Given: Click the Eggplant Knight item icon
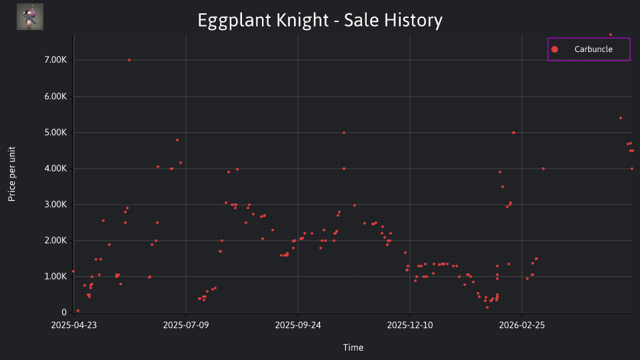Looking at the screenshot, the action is [x=30, y=17].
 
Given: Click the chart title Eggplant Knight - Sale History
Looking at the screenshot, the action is [x=320, y=21].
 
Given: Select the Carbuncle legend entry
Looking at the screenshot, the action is [x=589, y=49].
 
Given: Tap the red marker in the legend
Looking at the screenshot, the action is [x=555, y=49].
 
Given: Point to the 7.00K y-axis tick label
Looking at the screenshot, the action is [x=55, y=60].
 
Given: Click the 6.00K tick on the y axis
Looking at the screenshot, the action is [x=55, y=96].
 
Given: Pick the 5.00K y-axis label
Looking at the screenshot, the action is [x=55, y=132].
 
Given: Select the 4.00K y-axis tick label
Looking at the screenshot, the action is [x=55, y=168].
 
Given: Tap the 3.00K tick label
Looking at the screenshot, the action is [x=55, y=205].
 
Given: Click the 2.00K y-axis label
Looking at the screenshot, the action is [x=55, y=241].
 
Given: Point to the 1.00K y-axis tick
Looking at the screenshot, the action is [x=55, y=276].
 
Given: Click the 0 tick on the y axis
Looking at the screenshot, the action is [x=64, y=312].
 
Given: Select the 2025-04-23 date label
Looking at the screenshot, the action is [x=74, y=325].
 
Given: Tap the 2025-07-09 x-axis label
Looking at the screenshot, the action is [x=186, y=325].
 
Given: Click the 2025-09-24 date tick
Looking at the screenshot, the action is [x=298, y=325].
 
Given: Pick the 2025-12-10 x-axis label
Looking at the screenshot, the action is [x=410, y=325].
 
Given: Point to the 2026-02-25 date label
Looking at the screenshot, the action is [x=522, y=325].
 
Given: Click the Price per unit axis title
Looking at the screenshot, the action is [x=12, y=174].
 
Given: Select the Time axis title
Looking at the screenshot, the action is [x=353, y=347].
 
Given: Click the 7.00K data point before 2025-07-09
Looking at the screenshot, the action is [x=129, y=60].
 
